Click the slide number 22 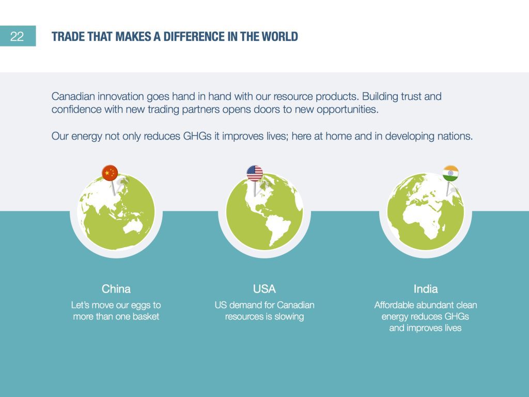(17, 37)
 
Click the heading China (116, 289)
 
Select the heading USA (264, 289)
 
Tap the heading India (426, 289)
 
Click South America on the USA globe (278, 229)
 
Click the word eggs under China (141, 306)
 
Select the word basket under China (146, 317)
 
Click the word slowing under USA (289, 317)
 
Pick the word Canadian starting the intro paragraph (73, 97)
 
